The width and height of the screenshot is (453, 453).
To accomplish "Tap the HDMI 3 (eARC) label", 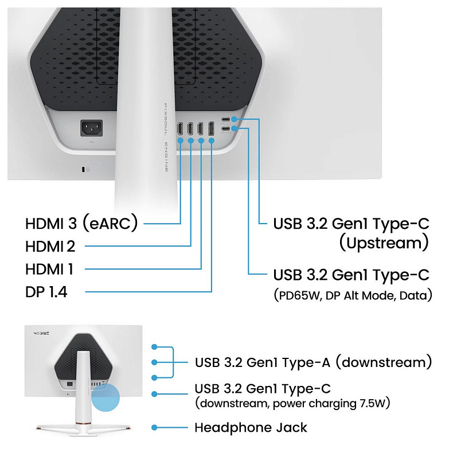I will [x=81, y=223].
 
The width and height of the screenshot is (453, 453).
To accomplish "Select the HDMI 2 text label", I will [x=50, y=247].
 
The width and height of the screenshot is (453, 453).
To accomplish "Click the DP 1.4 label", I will [x=46, y=292].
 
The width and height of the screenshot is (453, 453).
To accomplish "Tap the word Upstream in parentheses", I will [x=384, y=243].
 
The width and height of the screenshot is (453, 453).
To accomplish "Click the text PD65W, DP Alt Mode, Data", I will [x=352, y=296].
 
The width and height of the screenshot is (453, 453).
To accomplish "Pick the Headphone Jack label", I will [x=251, y=428].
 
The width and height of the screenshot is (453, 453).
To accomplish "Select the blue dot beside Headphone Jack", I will [x=154, y=428].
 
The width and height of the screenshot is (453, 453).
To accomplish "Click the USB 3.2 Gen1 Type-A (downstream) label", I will [x=313, y=362].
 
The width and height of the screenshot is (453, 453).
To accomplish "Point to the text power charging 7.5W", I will [x=331, y=404].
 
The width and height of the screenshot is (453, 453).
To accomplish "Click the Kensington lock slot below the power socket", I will [x=85, y=169].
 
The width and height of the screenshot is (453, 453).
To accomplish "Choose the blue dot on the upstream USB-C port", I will [x=234, y=119].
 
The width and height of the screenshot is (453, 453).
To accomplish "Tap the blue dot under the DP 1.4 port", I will [x=211, y=140].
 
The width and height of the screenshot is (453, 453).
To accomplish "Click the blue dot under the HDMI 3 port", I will [x=180, y=140].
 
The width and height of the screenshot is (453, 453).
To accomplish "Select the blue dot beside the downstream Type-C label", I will [x=154, y=394].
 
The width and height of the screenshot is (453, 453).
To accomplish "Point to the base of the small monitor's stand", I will [x=81, y=427].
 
